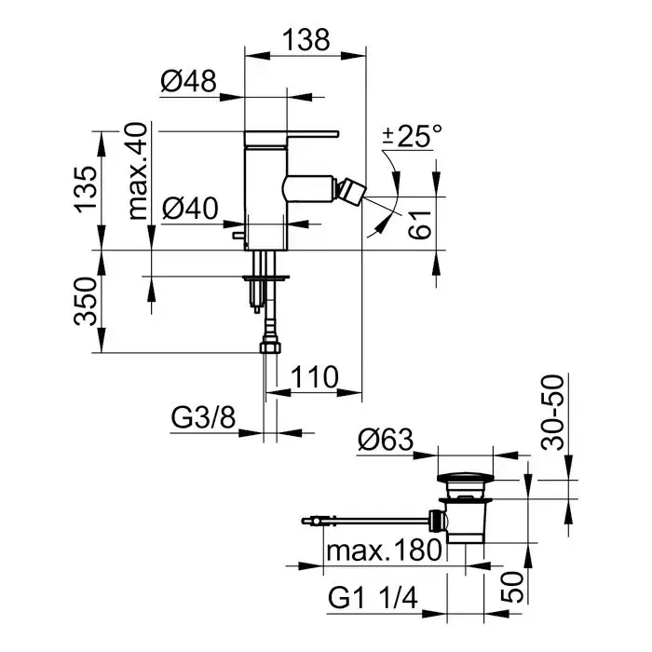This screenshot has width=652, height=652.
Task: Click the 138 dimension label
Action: click(x=304, y=39)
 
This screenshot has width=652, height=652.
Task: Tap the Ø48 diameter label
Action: click(x=188, y=83)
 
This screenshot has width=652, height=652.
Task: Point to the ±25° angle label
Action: click(x=411, y=138)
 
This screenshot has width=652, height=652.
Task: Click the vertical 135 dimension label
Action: click(x=87, y=191)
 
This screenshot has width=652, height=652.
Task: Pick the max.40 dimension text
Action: click(x=139, y=170)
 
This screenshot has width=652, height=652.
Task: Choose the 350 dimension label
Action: click(x=87, y=302)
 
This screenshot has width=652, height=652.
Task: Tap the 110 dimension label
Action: click(x=312, y=377)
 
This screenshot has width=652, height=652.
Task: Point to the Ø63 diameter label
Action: click(x=386, y=440)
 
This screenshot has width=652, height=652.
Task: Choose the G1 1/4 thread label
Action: click(x=372, y=594)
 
